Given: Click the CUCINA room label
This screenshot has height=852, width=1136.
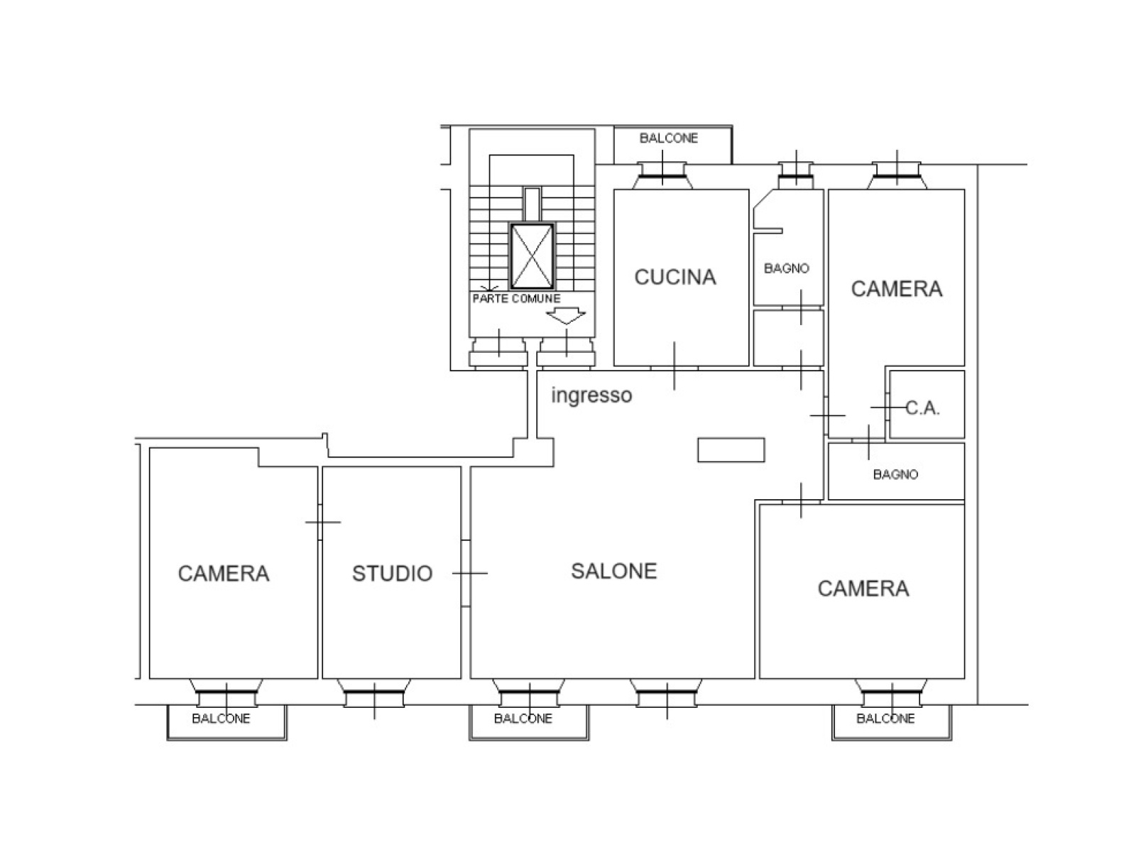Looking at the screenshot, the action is tap(675, 278).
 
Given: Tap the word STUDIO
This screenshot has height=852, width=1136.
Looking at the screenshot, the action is tap(393, 573).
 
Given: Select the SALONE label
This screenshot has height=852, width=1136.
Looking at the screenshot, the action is tap(614, 571).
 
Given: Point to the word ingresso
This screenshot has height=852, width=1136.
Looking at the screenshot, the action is tap(591, 395).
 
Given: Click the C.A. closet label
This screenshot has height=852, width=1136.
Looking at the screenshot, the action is tap(923, 408).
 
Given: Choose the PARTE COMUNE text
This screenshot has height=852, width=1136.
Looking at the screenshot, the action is tap(516, 298).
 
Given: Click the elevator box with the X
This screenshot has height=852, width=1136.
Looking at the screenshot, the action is tap(532, 256).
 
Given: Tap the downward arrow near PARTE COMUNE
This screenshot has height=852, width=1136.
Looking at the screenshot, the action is tap(566, 315).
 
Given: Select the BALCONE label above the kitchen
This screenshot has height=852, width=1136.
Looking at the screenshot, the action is tap(669, 138).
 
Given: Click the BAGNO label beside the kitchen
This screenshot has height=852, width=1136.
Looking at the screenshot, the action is tap(786, 268).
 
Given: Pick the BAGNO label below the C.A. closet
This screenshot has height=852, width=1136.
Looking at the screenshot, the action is tap(895, 474).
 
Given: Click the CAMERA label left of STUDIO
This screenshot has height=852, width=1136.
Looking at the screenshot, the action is tap(224, 573).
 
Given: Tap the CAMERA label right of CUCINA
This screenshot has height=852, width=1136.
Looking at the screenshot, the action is tap(897, 289).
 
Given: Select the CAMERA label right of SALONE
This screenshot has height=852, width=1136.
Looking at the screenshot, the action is tap(863, 589).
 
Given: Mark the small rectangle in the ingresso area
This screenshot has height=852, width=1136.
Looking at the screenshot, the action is tap(731, 449).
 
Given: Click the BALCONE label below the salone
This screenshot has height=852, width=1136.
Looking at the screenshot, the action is tap(523, 719).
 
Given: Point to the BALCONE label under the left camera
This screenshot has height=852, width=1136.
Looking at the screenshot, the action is tap(221, 719).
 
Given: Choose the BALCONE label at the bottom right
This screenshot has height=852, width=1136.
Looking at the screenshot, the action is tap(885, 719).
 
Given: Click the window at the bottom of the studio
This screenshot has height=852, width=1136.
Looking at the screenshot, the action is tap(374, 693).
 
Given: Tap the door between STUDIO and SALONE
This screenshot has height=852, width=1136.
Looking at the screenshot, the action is tap(466, 573).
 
